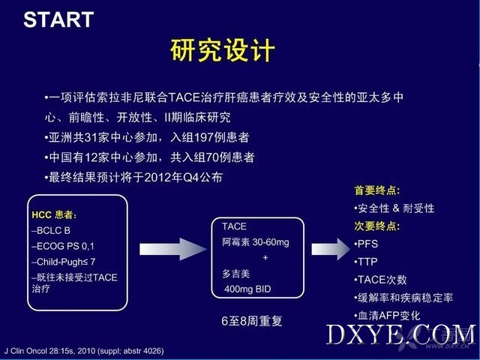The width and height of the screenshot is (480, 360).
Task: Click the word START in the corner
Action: [x=58, y=19]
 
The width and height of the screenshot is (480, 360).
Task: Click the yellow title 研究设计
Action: [x=223, y=50]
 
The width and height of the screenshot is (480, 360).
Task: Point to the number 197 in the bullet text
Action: [x=203, y=137]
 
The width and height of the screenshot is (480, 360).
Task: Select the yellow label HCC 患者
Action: [x=54, y=215]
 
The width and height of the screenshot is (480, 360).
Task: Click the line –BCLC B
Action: [x=51, y=230]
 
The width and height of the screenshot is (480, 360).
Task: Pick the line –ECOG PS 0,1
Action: [x=63, y=246]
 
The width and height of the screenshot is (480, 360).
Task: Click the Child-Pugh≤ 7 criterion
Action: [x=64, y=262]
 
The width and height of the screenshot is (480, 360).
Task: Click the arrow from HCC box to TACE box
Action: [x=173, y=249]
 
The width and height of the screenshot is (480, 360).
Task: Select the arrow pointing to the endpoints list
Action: [x=331, y=249]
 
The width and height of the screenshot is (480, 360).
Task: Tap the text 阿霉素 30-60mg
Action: [x=256, y=242]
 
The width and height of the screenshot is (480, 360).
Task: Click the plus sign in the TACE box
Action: [x=265, y=258]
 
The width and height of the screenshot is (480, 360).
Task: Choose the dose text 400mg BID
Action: [x=247, y=289]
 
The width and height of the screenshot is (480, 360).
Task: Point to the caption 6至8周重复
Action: [x=252, y=321]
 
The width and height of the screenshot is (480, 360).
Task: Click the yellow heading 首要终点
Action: [x=376, y=190]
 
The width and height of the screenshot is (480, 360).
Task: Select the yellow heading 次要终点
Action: [x=376, y=226]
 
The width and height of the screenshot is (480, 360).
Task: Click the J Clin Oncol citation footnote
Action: [x=84, y=351]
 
